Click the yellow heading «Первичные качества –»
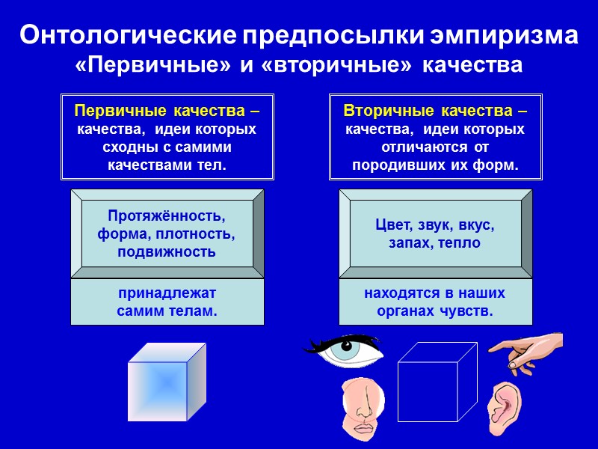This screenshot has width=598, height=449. tap(167, 112)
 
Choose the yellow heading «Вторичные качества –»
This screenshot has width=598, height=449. tap(435, 112)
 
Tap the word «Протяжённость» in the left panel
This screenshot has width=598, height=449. tap(167, 216)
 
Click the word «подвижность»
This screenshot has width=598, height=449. tap(167, 251)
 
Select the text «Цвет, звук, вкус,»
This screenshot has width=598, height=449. tap(435, 225)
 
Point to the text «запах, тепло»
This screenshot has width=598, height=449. tap(435, 243)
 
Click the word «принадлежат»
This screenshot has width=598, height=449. tap(167, 293)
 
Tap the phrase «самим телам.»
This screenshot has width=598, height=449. tap(167, 311)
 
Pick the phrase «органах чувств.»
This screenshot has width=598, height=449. tap(435, 311)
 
